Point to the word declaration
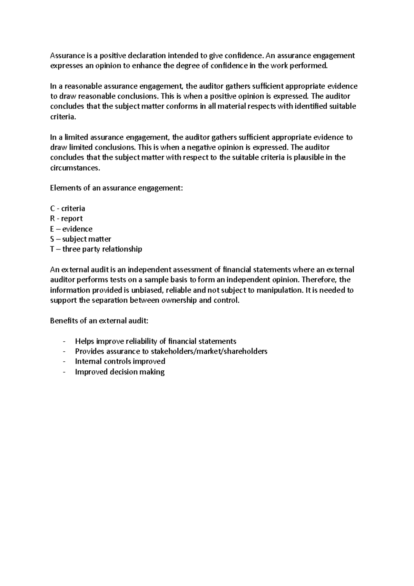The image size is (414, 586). (145, 56)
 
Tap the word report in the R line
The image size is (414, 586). (72, 219)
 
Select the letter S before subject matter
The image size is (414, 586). (52, 239)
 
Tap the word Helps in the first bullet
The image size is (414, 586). (84, 341)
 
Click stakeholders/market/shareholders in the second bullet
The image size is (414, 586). (209, 351)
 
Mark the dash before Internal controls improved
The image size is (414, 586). (64, 362)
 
